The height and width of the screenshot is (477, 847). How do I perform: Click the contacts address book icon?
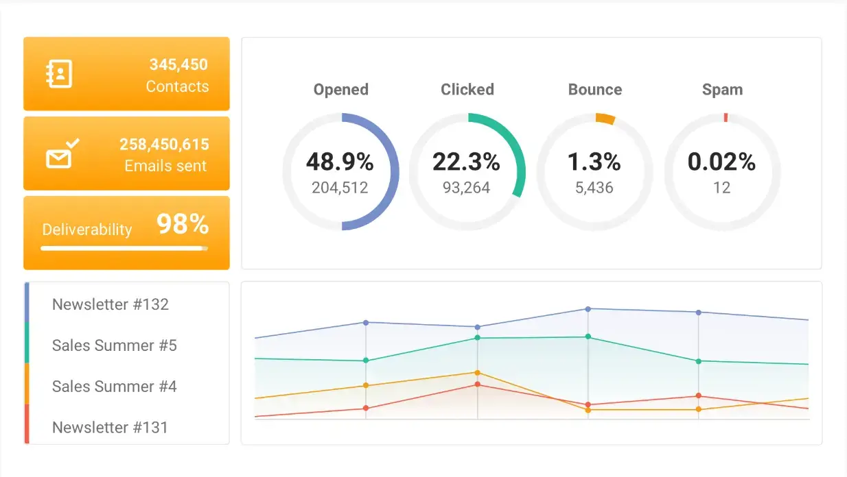pos(59,74)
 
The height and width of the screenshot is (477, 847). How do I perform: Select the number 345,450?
pos(178,65)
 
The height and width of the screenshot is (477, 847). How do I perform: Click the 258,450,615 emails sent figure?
pos(164,145)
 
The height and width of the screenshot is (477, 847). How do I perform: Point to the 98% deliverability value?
pos(182,224)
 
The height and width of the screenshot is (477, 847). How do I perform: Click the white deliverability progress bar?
pos(124,248)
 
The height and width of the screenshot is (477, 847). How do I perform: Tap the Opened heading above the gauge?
pos(340,90)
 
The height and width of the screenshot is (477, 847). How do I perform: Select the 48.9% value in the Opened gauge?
pos(340,162)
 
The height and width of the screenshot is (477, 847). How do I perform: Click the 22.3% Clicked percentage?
pos(466,162)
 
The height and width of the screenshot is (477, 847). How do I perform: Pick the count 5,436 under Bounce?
pos(594,188)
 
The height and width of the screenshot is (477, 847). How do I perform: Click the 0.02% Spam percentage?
pos(721,162)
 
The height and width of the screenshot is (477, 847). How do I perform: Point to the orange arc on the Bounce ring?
pos(605,119)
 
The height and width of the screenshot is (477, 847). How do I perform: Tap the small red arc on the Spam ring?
pos(726,117)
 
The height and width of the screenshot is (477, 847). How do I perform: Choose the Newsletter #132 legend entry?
pos(111,304)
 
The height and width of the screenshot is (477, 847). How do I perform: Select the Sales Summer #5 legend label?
pos(115,345)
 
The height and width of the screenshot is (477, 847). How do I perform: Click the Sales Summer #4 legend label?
pos(115,387)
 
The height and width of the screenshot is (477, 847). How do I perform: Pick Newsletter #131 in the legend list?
pos(110,428)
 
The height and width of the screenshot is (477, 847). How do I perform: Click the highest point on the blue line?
pos(588,309)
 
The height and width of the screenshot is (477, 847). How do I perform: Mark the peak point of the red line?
pos(477,384)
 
